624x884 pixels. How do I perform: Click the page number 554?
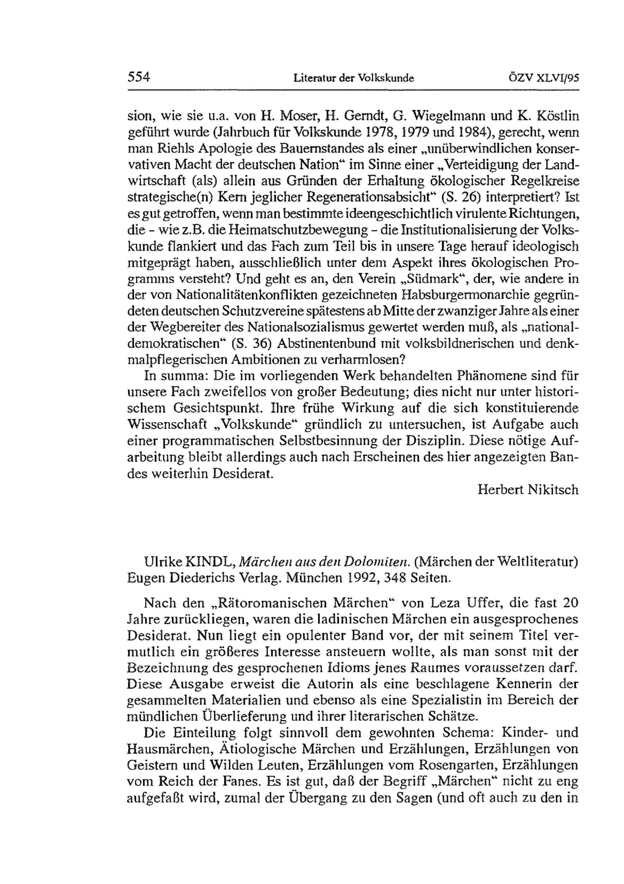[x=138, y=77]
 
